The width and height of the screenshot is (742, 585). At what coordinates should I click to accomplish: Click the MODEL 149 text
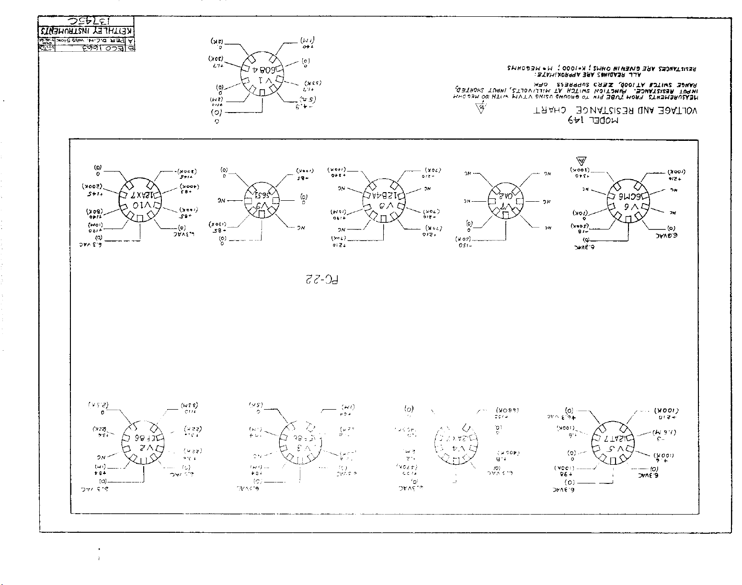593,121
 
